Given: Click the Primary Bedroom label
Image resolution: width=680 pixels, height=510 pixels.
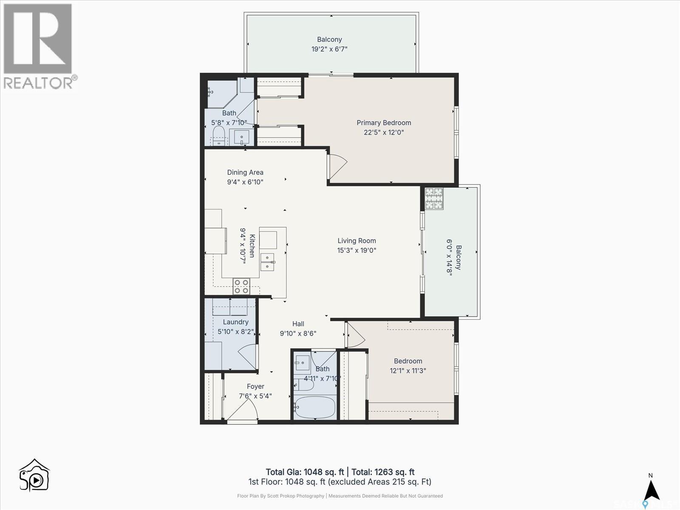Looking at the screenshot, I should (384, 123).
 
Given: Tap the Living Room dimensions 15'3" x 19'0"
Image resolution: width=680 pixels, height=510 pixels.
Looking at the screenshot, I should (357, 250).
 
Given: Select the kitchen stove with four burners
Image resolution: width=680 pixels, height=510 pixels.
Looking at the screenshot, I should (241, 286).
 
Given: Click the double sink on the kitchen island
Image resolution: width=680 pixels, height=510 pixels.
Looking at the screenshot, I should (268, 262).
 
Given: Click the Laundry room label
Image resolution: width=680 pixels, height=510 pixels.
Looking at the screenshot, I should (235, 322).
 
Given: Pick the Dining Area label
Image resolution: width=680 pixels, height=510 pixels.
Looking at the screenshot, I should (245, 173).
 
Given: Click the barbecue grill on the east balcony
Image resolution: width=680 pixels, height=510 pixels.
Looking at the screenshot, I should (434, 198).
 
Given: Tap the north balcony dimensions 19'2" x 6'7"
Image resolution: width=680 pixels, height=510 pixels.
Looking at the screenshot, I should (329, 49).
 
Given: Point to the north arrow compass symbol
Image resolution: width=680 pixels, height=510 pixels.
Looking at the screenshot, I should (651, 490).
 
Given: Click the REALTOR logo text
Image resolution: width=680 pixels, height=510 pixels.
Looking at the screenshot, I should (40, 83).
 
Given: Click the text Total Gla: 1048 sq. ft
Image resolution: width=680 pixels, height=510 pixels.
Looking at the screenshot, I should (304, 472).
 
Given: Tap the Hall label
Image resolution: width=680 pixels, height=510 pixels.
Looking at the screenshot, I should (298, 324).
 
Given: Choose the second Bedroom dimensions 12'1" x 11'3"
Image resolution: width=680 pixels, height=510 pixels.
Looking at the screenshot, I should (408, 371).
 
